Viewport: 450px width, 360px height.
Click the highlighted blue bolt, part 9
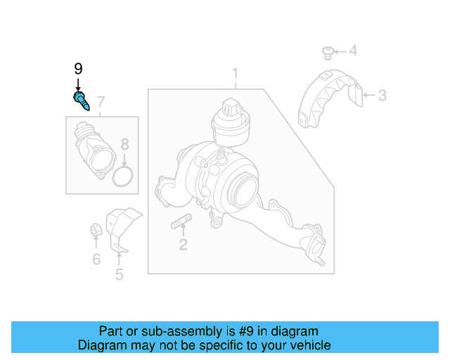[x=81, y=100]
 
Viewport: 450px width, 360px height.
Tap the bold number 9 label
[x=78, y=69]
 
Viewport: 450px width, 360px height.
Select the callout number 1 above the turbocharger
[x=236, y=74]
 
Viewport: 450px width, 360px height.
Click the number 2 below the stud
[x=183, y=245]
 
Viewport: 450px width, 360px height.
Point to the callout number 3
[x=382, y=95]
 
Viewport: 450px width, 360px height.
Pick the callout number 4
[x=354, y=51]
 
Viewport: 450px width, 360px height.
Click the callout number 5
[x=119, y=274]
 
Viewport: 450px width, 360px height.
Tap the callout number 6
[x=96, y=259]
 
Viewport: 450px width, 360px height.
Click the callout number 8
[x=124, y=145]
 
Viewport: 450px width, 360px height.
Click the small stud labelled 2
[x=181, y=225]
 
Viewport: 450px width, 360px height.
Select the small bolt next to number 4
[x=327, y=51]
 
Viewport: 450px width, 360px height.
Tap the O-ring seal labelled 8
[x=124, y=176]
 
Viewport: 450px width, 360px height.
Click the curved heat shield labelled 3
[x=327, y=98]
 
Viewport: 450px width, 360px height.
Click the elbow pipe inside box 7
[x=91, y=149]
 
